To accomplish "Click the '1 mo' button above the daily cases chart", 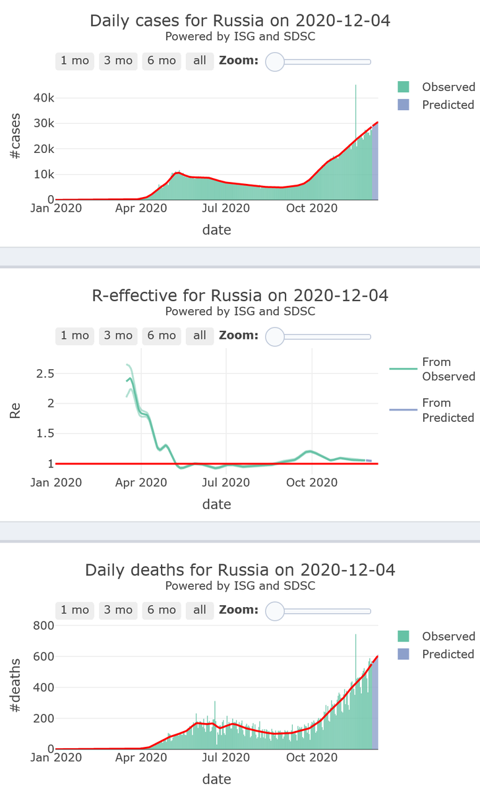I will coord(75,61).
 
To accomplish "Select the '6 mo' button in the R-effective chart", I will coord(162,336).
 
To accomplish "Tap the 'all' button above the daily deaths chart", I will coord(200,610).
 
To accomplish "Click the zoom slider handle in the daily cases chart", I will coord(274,61).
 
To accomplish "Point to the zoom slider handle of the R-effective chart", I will coord(274,336).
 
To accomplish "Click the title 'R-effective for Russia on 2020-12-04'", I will coord(240,295).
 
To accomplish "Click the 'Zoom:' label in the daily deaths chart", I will coord(239,610).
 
